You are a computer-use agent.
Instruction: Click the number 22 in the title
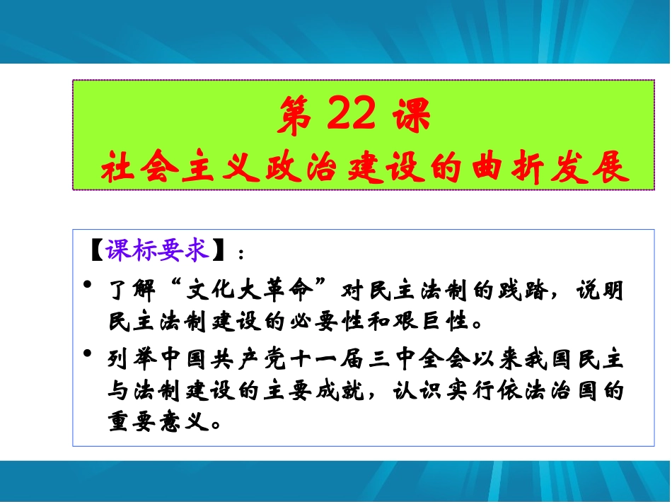pos(352,117)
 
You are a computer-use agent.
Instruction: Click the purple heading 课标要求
pos(158,250)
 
